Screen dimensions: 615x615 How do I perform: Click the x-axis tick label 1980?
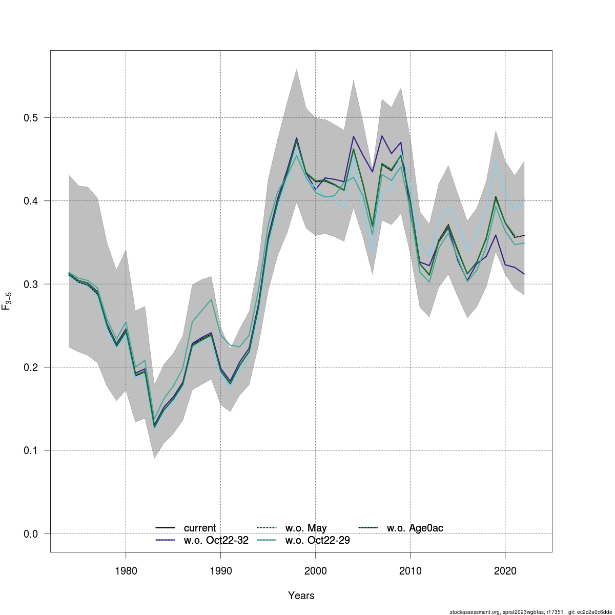click(x=126, y=570)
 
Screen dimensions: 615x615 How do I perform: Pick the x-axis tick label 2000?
click(x=315, y=570)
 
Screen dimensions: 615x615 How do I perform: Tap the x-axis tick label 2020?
click(x=505, y=570)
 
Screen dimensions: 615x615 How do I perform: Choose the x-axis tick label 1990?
click(x=220, y=570)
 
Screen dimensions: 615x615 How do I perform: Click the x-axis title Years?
click(x=301, y=596)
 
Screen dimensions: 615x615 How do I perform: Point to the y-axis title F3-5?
click(x=7, y=300)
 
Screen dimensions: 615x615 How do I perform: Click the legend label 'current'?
click(x=200, y=528)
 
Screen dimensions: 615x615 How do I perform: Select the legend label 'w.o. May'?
click(x=306, y=528)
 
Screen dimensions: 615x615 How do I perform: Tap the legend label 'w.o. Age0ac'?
click(x=415, y=528)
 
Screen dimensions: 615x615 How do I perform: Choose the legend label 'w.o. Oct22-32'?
click(x=216, y=540)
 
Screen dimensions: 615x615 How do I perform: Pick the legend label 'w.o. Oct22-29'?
click(x=317, y=540)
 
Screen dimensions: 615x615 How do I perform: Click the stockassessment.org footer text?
click(x=530, y=612)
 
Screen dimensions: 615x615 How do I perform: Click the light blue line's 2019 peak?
click(x=496, y=161)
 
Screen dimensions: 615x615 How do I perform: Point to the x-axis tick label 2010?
click(x=410, y=570)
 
